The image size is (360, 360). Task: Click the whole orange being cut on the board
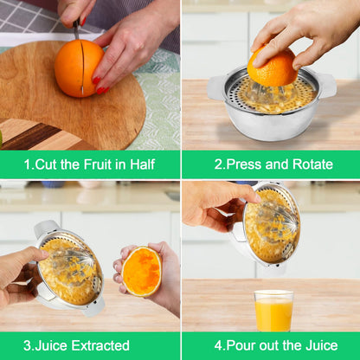[x=79, y=68]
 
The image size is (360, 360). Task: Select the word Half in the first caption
[x=143, y=164]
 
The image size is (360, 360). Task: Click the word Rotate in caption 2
[x=312, y=164]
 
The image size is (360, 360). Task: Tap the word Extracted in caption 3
[x=100, y=345]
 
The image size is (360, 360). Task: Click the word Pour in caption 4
[x=239, y=345]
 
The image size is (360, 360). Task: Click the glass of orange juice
[x=273, y=311]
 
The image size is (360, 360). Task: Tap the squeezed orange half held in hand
[x=141, y=272]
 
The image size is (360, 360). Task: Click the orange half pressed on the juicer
[x=273, y=67]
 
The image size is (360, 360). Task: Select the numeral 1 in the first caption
[x=28, y=164]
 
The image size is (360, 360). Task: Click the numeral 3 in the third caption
[x=27, y=345]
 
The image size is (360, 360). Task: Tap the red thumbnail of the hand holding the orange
[x=96, y=80]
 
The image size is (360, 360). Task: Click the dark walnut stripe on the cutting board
[x=32, y=136]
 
